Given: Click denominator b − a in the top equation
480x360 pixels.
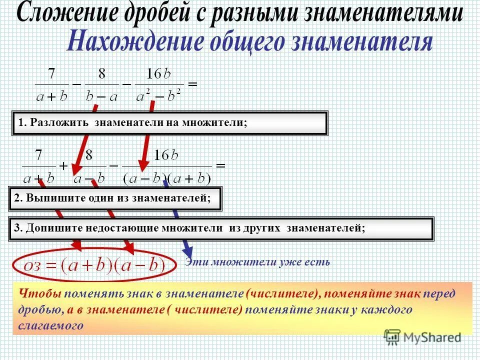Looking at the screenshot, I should pyautogui.click(x=102, y=95).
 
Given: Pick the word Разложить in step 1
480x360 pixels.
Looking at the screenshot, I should pyautogui.click(x=59, y=123).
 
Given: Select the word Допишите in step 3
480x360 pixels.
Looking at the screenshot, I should pyautogui.click(x=52, y=228).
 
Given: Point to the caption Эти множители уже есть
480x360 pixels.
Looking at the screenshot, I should pyautogui.click(x=257, y=262).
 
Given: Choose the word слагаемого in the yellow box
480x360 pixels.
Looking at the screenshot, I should pyautogui.click(x=49, y=325).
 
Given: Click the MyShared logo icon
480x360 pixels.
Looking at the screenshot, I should pyautogui.click(x=392, y=336).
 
